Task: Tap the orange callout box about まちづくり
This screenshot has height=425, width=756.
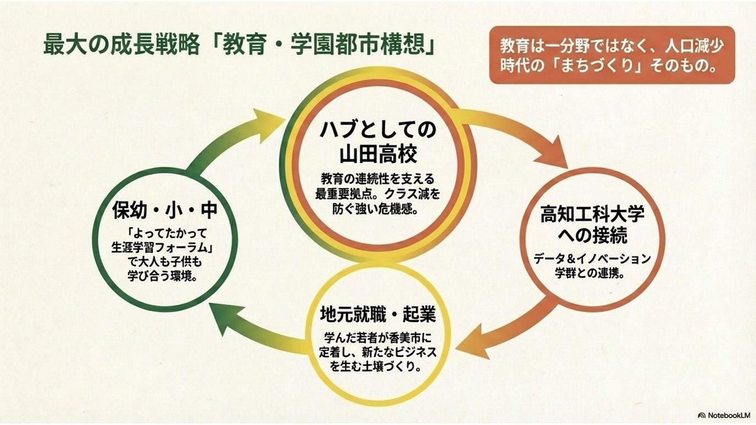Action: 611,55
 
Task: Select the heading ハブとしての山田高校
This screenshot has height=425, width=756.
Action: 378,142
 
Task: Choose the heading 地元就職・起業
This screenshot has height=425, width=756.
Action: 378,314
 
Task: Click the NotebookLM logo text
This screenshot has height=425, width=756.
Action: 724,415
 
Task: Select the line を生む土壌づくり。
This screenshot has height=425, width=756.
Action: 378,367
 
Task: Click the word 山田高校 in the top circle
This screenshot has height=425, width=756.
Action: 378,154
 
